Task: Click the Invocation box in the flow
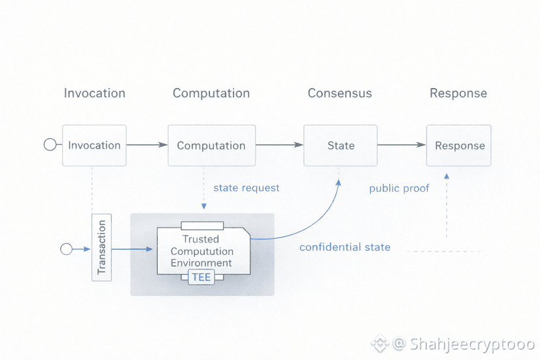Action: (95, 145)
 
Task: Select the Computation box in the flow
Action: (211, 145)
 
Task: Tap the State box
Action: (340, 145)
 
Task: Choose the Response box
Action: (460, 145)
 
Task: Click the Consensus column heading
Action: (340, 93)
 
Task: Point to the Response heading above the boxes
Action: (458, 93)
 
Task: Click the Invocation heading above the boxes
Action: (95, 93)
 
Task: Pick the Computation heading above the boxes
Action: (211, 93)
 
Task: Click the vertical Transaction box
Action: (101, 247)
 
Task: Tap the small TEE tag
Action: (201, 277)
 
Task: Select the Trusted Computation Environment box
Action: (202, 250)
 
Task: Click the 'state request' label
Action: (247, 188)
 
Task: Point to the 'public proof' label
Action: (399, 188)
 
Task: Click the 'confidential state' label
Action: (345, 247)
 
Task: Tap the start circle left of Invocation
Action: (50, 145)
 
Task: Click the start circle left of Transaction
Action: (66, 249)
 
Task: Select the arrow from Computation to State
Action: (279, 145)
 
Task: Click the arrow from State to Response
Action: (401, 145)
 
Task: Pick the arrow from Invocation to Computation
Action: (147, 145)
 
